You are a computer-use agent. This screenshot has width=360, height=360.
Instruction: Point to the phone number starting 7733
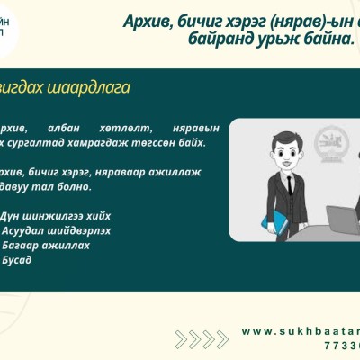pos(341,345)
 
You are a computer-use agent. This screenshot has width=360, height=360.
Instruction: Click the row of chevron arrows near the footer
pos(201,338)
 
